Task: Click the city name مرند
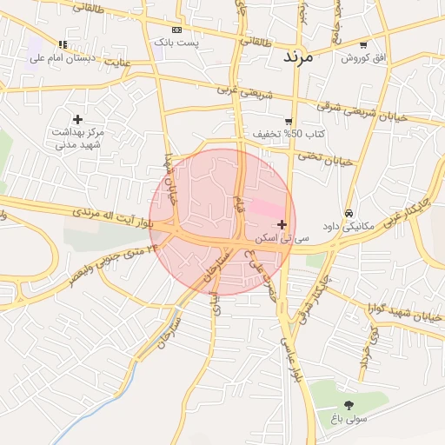point(303,57)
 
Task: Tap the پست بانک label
point(176,42)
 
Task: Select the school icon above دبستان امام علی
point(62,44)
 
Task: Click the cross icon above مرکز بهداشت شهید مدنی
point(77,119)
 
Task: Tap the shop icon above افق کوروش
point(362,44)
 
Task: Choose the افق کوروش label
point(362,57)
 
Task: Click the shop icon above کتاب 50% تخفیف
point(289,122)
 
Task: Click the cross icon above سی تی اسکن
point(282,224)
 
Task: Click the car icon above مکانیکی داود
point(349,213)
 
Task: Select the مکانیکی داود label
point(348,226)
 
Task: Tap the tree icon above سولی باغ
point(349,405)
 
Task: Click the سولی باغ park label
point(349,419)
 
